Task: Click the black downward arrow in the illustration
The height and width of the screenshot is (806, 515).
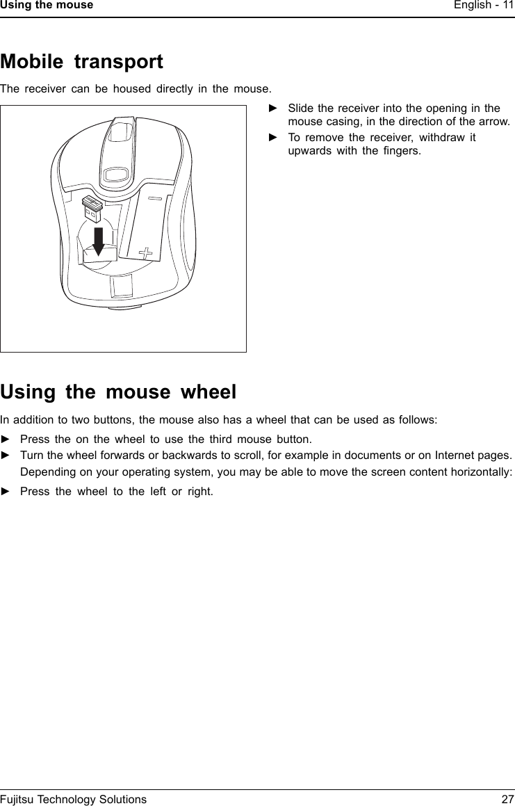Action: point(99,241)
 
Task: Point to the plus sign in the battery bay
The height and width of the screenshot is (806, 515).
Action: point(147,252)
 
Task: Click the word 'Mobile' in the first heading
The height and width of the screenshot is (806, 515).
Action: point(33,62)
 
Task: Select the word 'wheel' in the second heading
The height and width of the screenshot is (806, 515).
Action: point(209,392)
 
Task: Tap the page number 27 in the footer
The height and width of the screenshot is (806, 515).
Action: point(507,799)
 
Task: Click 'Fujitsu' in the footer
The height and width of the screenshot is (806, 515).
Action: point(19,799)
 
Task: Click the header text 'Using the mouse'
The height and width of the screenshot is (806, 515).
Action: point(47,5)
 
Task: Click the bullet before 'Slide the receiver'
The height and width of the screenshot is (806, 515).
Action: point(273,108)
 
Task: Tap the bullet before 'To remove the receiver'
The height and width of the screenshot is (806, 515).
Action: point(273,137)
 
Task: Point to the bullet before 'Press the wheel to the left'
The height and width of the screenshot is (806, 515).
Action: point(6,491)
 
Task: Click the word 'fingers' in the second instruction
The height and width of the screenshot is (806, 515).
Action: point(402,150)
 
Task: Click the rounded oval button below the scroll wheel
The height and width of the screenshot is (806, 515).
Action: point(116,173)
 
